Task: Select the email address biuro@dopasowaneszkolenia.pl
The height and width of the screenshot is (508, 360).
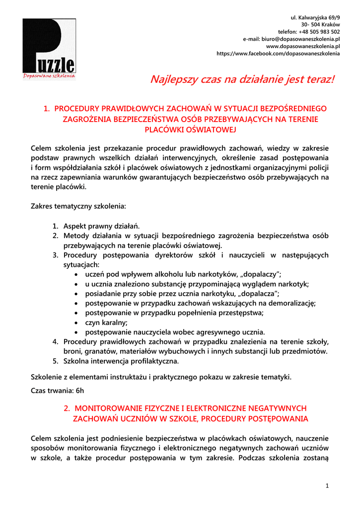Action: [291, 39]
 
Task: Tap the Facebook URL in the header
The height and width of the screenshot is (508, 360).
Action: [279, 54]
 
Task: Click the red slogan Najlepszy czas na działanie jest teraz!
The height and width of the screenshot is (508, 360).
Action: [243, 79]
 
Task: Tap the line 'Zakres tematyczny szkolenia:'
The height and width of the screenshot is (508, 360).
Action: [78, 205]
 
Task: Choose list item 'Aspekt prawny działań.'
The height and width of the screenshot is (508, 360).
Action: [102, 226]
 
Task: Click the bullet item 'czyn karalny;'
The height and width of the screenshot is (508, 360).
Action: [106, 322]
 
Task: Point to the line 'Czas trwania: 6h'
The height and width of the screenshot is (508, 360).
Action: [58, 390]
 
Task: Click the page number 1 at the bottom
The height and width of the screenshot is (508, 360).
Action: [327, 485]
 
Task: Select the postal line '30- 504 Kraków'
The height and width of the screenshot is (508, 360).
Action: [321, 24]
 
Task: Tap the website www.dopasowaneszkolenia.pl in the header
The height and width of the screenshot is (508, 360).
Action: [303, 46]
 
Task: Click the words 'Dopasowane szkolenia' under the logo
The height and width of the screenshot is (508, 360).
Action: [49, 76]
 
